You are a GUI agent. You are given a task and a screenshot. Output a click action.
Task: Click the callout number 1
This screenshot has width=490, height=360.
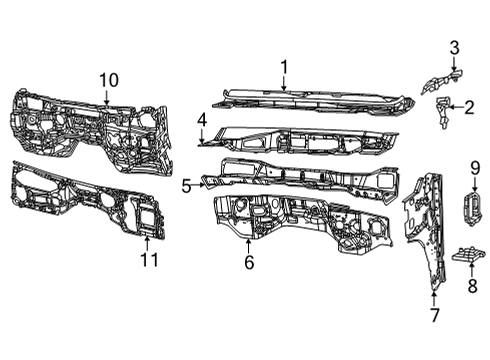[284, 67]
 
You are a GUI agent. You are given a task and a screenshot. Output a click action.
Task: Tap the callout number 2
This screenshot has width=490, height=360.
[467, 107]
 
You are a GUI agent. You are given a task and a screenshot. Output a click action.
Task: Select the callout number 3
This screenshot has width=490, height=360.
[453, 47]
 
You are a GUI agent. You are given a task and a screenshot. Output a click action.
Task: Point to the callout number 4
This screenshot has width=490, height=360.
[201, 119]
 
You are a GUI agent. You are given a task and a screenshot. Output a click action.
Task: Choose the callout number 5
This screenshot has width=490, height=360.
[186, 185]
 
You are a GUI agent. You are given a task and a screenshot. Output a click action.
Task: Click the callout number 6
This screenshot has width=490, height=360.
[249, 262]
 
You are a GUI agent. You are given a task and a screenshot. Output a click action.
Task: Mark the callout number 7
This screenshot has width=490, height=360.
[433, 315]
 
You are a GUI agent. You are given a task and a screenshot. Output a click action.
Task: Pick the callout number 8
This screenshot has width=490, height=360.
[472, 284]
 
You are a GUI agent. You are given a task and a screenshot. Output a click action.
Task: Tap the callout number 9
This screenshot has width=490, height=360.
[476, 167]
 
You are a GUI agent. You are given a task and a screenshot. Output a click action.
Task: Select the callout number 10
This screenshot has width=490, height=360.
[108, 79]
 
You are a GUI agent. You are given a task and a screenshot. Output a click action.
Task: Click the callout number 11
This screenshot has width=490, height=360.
[148, 261]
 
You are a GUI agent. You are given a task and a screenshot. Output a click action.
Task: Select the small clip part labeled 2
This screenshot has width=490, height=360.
[442, 110]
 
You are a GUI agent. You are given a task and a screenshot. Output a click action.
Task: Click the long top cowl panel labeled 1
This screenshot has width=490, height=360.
[310, 99]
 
